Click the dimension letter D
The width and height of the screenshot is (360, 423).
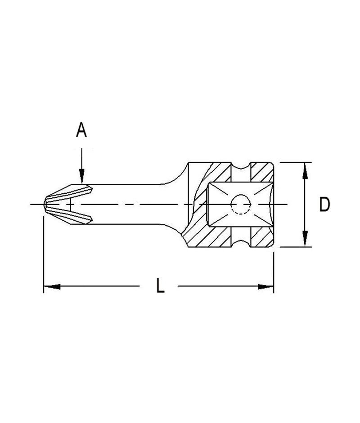pos(324,205)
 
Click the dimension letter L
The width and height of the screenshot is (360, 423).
pos(160,286)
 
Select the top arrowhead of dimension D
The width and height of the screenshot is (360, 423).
pos(305,169)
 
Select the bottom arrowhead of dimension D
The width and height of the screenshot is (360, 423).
pos(305,239)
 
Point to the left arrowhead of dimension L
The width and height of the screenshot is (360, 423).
pos(51,286)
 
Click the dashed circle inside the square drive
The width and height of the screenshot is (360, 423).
pos(241,205)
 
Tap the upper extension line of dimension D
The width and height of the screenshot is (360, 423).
pos(292,162)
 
